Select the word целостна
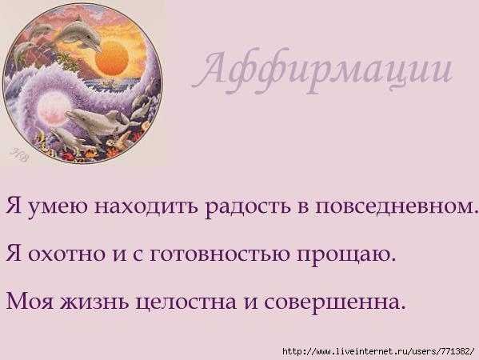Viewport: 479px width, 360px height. [x=186, y=302]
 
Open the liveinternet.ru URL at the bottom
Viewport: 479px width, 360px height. [x=379, y=351]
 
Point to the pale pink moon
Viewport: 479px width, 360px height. [x=52, y=109]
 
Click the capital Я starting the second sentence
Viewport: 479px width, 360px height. [x=14, y=254]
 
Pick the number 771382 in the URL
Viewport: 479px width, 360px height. [x=454, y=351]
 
